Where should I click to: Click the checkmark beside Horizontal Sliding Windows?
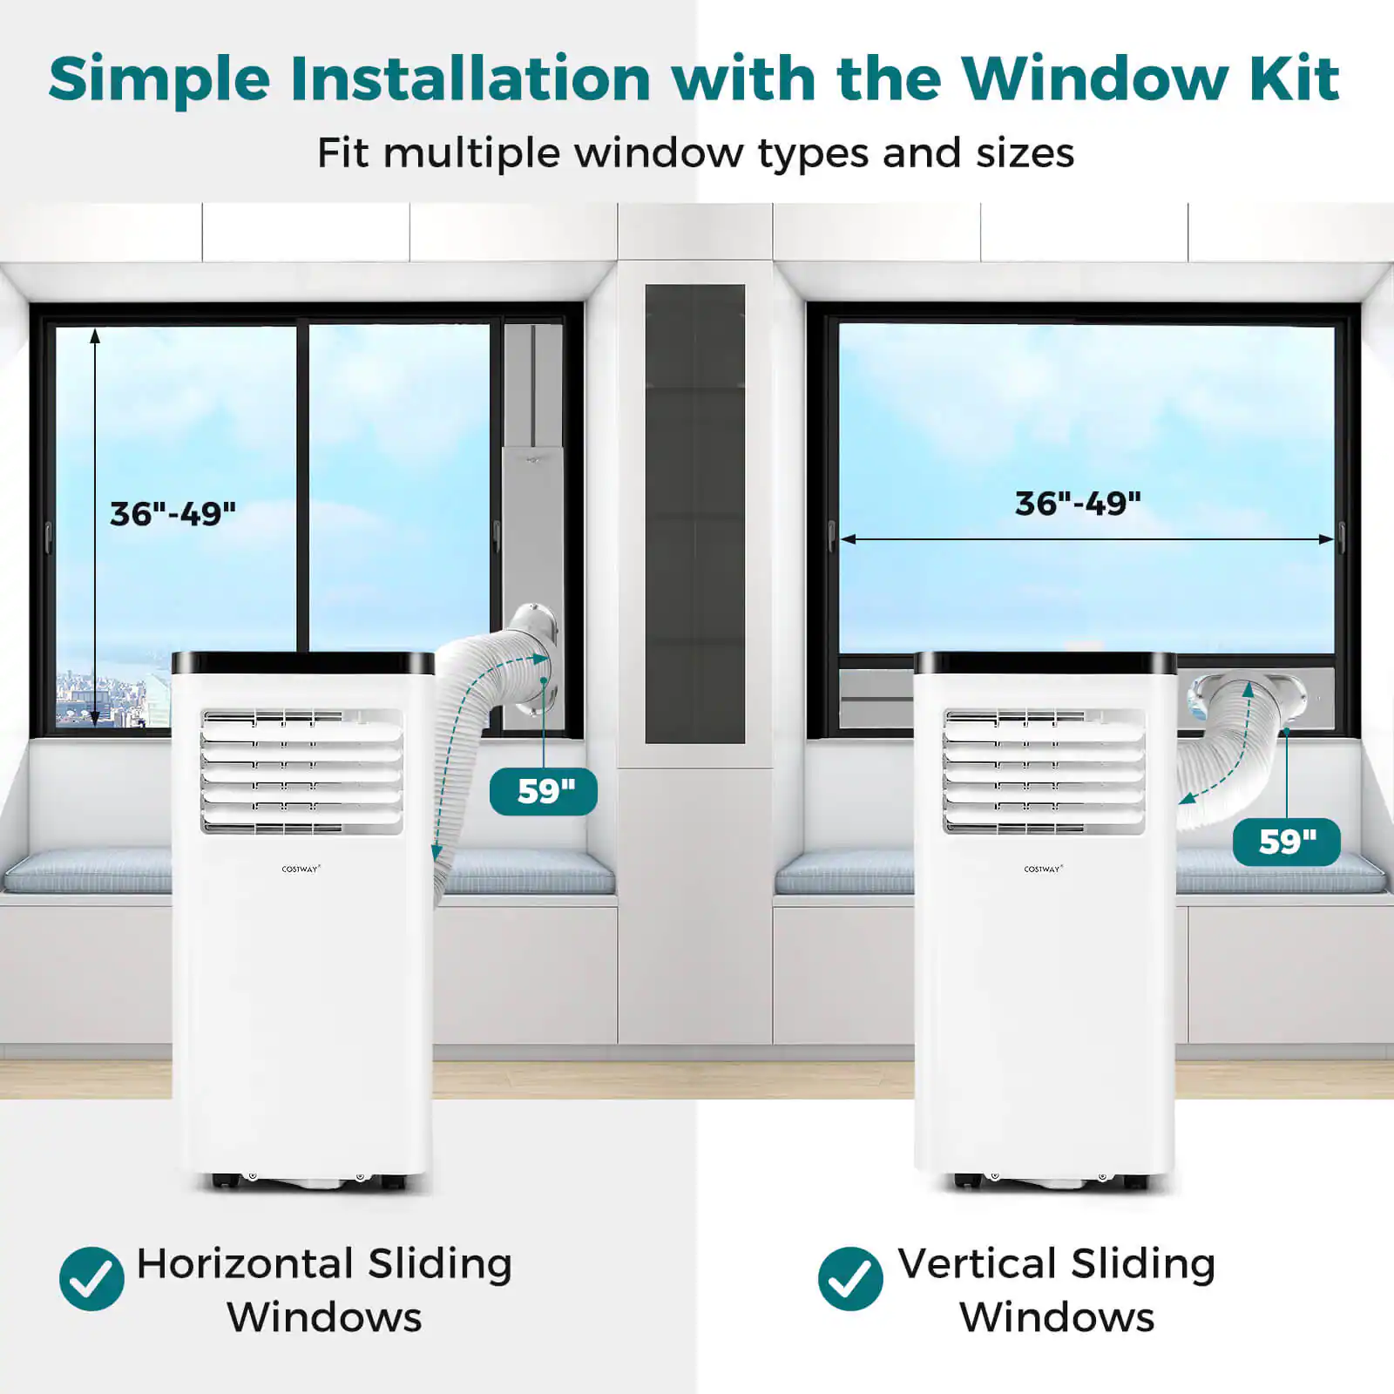tap(91, 1278)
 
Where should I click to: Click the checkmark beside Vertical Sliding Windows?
tap(850, 1278)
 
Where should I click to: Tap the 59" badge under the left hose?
tap(544, 791)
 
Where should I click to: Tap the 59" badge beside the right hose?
tap(1287, 842)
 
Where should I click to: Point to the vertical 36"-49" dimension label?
tap(173, 514)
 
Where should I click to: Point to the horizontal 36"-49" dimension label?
tap(1078, 504)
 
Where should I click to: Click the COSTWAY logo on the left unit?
tap(301, 869)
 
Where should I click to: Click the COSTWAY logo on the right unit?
tap(1043, 869)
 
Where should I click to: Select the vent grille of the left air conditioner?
tap(302, 770)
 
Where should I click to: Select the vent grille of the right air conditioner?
tap(1044, 770)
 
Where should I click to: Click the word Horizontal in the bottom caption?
tap(244, 1263)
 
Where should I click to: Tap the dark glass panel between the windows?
tap(694, 514)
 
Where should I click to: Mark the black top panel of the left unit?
tap(302, 663)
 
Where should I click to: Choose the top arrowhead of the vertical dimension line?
tap(95, 335)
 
